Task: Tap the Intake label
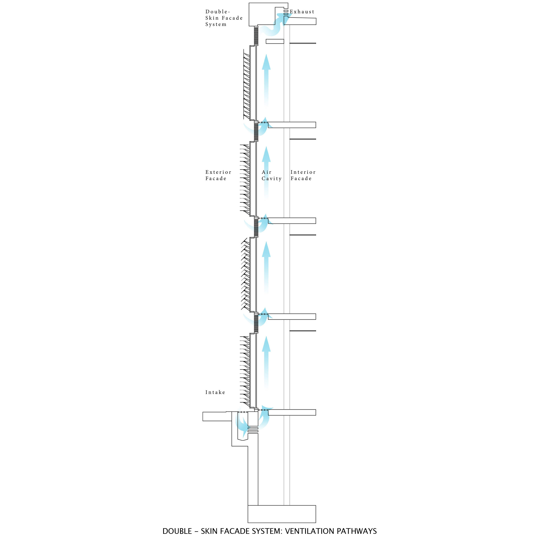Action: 215,392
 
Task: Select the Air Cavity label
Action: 271,175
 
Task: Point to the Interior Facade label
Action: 303,175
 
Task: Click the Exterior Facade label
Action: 218,175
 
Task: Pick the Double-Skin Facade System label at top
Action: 224,18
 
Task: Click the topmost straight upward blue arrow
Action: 266,80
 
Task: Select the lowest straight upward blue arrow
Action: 266,361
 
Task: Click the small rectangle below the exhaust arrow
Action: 275,41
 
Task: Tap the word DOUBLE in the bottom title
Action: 177,531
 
